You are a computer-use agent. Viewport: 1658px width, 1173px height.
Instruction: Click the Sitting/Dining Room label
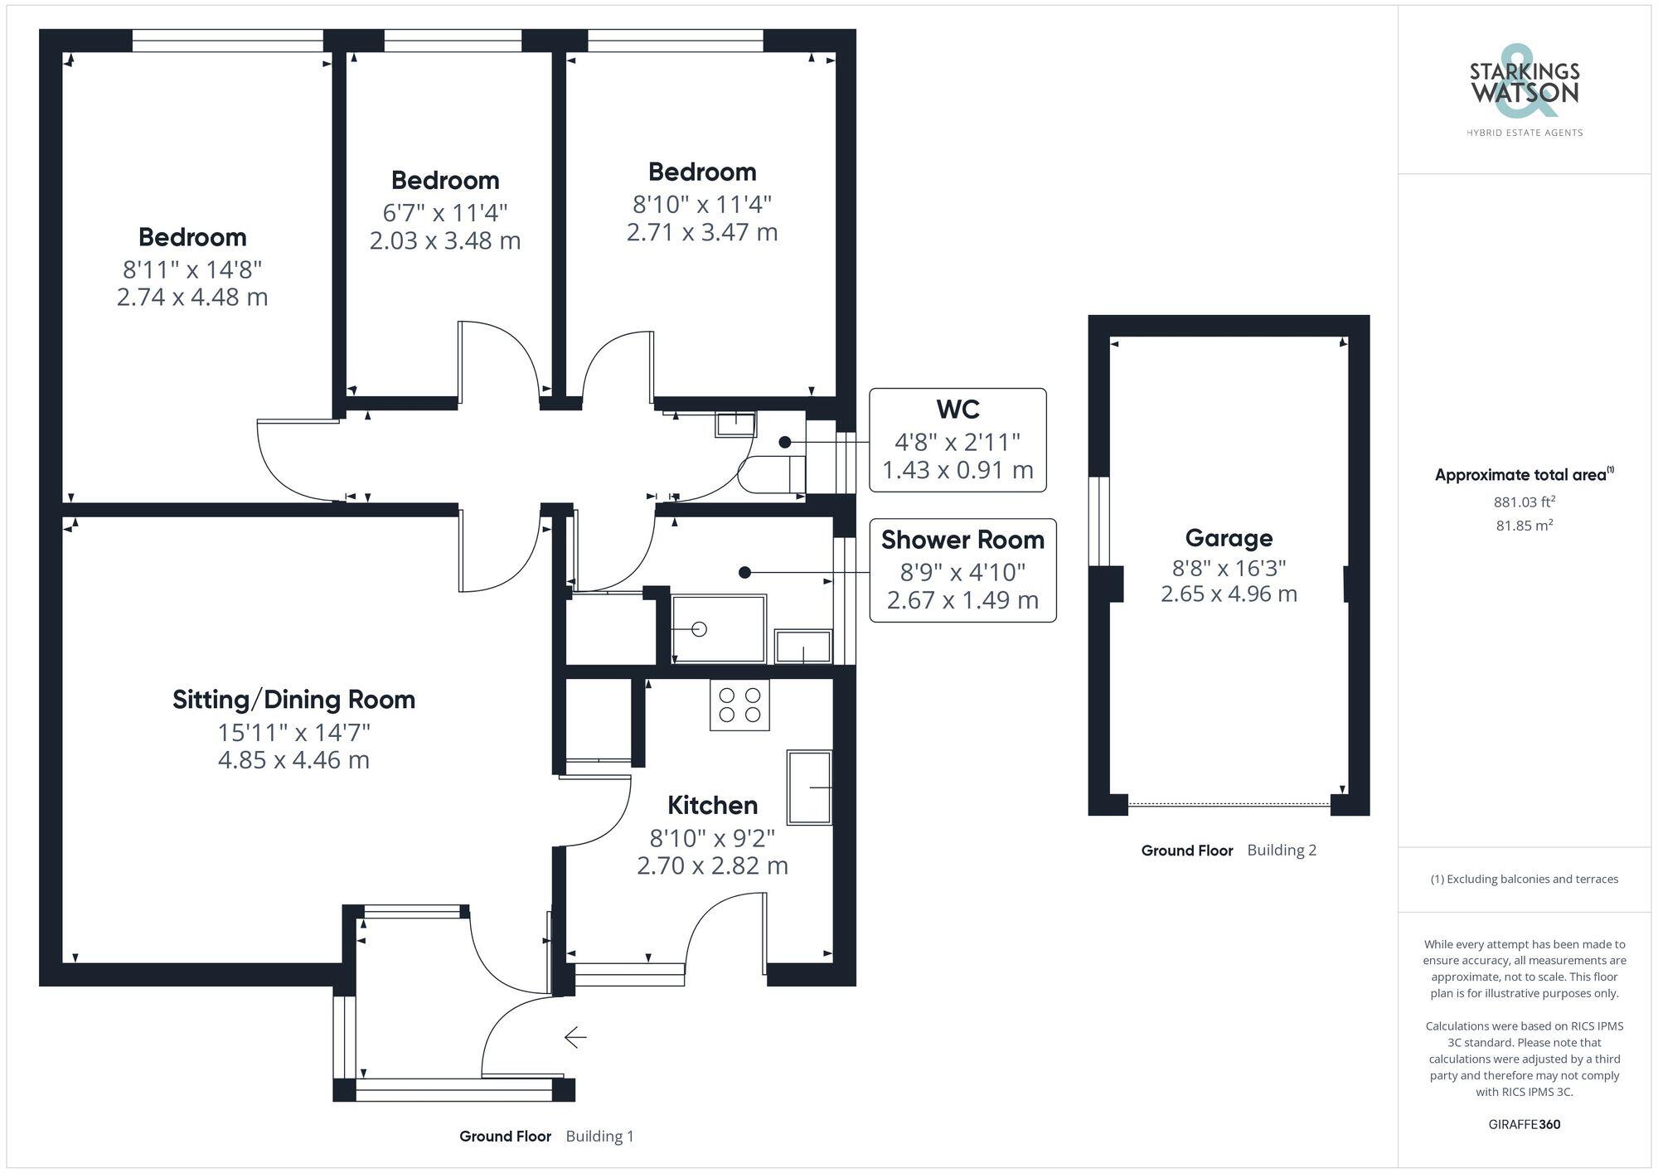(293, 700)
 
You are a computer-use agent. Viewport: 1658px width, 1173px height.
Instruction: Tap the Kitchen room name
(712, 805)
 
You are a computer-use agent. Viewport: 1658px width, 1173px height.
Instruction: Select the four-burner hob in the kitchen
(739, 705)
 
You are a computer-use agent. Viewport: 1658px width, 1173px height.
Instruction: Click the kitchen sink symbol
(809, 788)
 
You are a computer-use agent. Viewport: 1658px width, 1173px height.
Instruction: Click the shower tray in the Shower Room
(719, 628)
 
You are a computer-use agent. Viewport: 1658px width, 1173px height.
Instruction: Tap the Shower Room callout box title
(962, 540)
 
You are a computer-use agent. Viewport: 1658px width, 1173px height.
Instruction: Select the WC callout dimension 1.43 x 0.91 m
(957, 470)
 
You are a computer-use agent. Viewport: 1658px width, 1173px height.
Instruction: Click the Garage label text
(1229, 538)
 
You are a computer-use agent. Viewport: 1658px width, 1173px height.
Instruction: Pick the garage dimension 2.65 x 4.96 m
(1229, 594)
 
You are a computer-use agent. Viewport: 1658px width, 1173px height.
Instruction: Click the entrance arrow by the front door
(575, 1037)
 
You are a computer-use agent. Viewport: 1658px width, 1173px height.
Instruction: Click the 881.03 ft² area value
(1524, 502)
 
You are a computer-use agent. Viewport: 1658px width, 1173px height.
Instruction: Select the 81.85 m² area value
(1524, 525)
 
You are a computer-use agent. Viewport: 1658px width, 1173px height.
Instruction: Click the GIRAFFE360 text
(1524, 1124)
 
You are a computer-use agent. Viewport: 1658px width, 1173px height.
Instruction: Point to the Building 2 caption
(1282, 850)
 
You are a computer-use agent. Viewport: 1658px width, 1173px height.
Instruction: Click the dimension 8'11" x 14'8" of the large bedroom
(192, 269)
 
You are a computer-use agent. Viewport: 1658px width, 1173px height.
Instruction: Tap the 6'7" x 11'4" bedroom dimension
(445, 213)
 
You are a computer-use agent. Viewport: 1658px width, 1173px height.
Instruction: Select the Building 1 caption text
(599, 1136)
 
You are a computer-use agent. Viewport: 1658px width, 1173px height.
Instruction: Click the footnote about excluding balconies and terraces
(1524, 879)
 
